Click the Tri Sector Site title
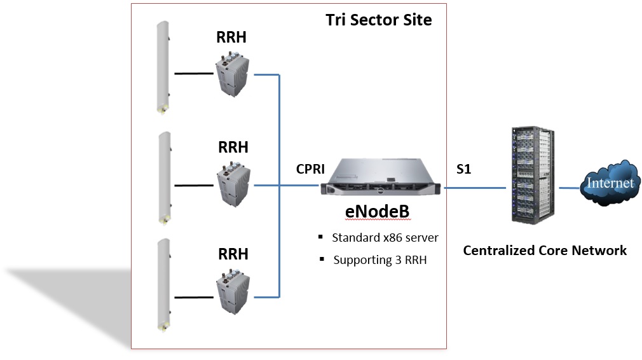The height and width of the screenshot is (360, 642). (x=379, y=20)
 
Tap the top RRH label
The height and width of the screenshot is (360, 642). (x=231, y=38)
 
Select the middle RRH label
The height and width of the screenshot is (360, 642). (x=233, y=148)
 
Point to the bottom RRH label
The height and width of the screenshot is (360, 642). (x=233, y=254)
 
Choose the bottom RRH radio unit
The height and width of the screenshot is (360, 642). (x=233, y=293)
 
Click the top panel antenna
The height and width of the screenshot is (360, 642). (x=163, y=67)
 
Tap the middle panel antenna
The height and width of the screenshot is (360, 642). (x=163, y=177)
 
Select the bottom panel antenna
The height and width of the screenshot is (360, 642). (x=163, y=284)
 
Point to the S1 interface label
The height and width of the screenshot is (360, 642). (x=464, y=170)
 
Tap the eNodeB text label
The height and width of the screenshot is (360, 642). (x=377, y=212)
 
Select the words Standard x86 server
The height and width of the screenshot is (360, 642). (x=385, y=238)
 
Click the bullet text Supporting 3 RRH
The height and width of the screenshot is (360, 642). (x=379, y=260)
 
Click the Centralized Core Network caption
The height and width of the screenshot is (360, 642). (x=544, y=251)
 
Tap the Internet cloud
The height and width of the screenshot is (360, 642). (x=610, y=183)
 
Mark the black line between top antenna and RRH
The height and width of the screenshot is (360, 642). (x=195, y=74)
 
